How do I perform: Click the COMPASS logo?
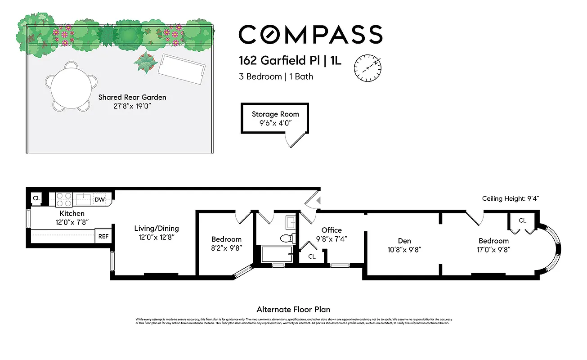(x=310, y=35)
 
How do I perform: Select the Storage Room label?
(x=275, y=114)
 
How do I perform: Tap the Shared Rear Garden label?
(x=132, y=97)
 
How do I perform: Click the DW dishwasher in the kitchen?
(x=99, y=199)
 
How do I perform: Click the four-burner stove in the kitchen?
(x=64, y=199)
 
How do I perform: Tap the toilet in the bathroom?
(x=286, y=238)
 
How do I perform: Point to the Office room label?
(x=331, y=230)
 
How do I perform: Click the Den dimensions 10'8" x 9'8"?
(x=404, y=249)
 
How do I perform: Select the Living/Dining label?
(x=156, y=228)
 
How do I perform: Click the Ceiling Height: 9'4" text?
(x=511, y=198)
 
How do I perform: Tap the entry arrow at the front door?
(x=318, y=201)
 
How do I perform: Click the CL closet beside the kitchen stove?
(x=36, y=198)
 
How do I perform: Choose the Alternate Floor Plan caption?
(x=293, y=310)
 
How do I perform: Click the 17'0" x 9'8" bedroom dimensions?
(x=493, y=249)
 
